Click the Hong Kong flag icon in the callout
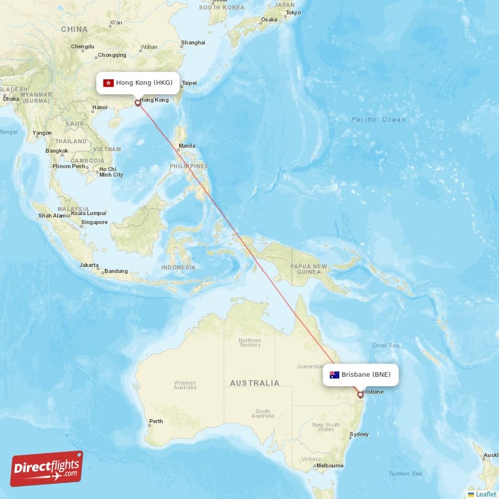coord(109,82)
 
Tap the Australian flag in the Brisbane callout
coord(334,375)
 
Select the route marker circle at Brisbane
coord(360,394)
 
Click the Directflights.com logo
coord(47,468)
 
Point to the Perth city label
coord(156,421)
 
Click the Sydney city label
coord(359,434)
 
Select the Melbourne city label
coord(331,465)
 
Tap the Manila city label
coord(187,147)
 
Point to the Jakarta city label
coord(89,265)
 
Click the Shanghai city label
coord(193,42)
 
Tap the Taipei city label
coord(189,83)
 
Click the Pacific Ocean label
coord(378,119)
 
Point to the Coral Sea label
coord(385,345)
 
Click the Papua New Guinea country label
coord(309,269)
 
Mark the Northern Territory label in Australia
coord(250,342)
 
